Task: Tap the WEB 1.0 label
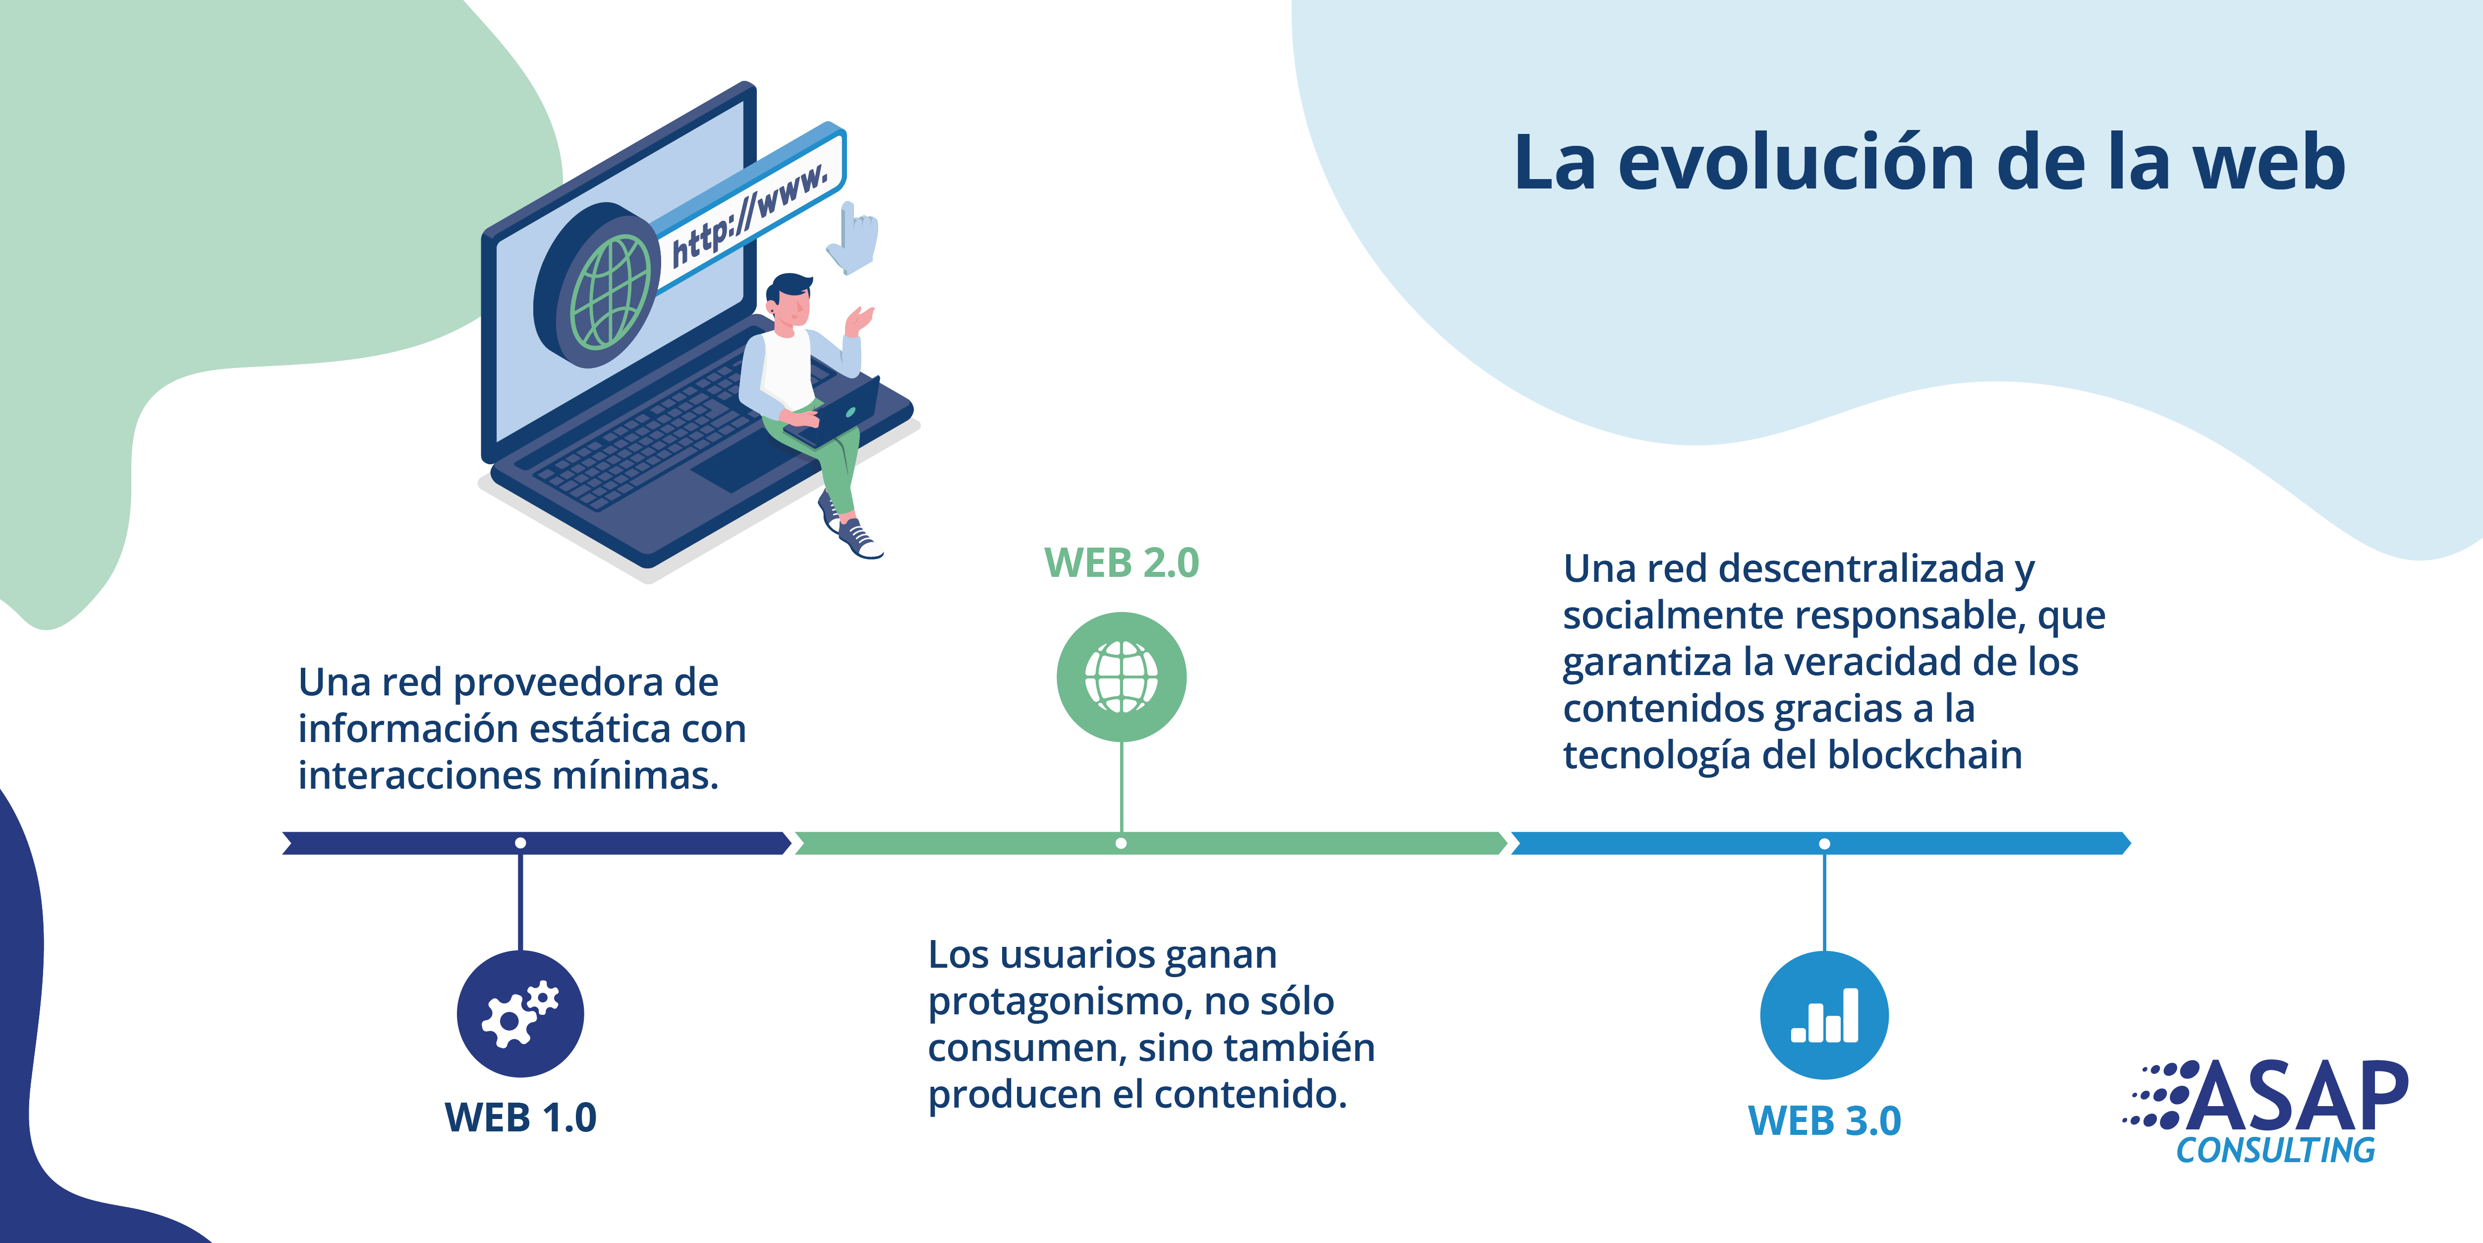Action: (x=520, y=1118)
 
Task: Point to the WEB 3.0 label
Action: (x=1825, y=1120)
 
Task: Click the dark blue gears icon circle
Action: (x=520, y=1013)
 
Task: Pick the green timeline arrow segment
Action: (x=1151, y=844)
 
